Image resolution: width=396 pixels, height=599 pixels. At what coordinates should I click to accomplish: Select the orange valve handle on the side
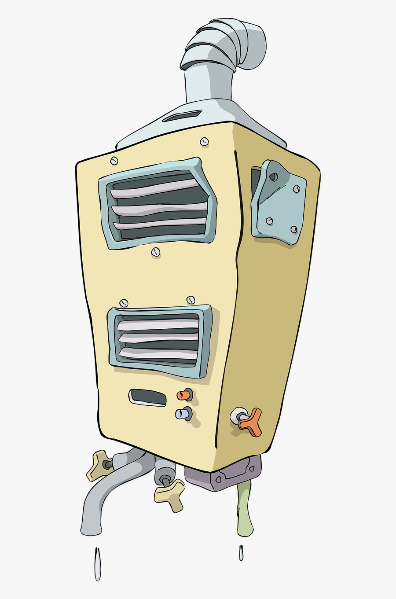click(x=250, y=422)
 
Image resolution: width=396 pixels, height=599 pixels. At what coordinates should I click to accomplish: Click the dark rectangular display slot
click(x=148, y=397)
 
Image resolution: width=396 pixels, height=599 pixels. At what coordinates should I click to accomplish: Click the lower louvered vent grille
click(x=159, y=340)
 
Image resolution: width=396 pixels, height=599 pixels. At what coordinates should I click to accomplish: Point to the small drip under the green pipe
click(x=241, y=553)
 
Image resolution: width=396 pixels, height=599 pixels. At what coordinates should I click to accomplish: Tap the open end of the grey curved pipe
click(x=91, y=530)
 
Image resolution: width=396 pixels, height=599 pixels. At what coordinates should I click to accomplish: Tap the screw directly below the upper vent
click(x=155, y=252)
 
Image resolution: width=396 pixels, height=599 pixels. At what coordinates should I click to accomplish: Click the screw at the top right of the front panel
click(x=204, y=141)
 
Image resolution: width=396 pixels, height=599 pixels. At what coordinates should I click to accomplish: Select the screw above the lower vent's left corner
click(x=124, y=303)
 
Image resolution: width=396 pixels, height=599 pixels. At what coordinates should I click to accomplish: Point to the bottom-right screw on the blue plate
click(x=293, y=229)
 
